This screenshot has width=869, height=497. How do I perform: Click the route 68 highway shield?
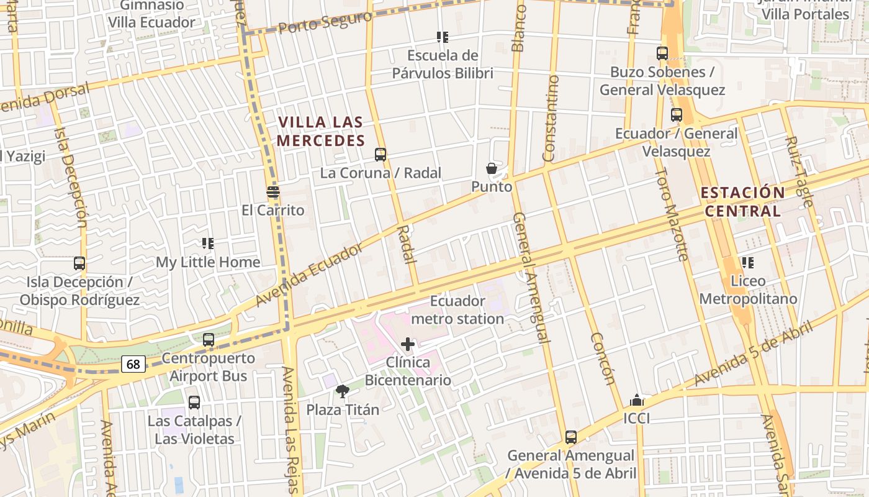[x=133, y=364]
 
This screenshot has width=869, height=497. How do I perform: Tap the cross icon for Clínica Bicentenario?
[x=408, y=344]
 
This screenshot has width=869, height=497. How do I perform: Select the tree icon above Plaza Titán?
[x=342, y=391]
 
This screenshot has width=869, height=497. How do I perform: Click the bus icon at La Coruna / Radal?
[x=380, y=155]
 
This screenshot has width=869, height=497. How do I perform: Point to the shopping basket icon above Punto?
[x=492, y=168]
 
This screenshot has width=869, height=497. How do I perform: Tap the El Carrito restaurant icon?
[x=273, y=191]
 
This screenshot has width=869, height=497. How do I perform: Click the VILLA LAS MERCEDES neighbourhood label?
[x=320, y=131]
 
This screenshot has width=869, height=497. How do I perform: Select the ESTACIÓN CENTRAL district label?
[x=743, y=201]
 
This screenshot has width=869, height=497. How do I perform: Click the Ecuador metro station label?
[x=457, y=310]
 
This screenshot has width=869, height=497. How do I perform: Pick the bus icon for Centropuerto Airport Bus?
[x=209, y=340]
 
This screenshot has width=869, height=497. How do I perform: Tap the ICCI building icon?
[x=637, y=400]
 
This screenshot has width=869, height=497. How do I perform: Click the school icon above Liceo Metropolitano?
[x=748, y=263]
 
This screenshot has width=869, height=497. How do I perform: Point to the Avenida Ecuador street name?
[x=308, y=275]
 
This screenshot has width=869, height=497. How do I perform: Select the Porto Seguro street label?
[x=325, y=23]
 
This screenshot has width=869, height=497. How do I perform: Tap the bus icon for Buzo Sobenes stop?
[x=662, y=53]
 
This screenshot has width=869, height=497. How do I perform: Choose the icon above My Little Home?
[x=208, y=244]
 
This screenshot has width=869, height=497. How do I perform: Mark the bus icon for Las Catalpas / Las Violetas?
[x=194, y=403]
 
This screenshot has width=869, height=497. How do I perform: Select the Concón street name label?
[x=603, y=358]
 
